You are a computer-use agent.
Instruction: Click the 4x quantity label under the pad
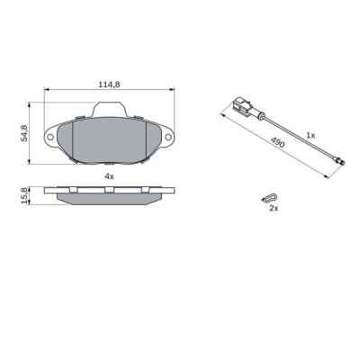pos(108,175)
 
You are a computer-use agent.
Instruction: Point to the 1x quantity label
pos(310,134)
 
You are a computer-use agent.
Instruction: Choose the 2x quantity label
pos(272,208)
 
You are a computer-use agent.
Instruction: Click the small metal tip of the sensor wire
pos(339,161)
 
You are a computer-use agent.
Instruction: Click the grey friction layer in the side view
pos(109,196)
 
